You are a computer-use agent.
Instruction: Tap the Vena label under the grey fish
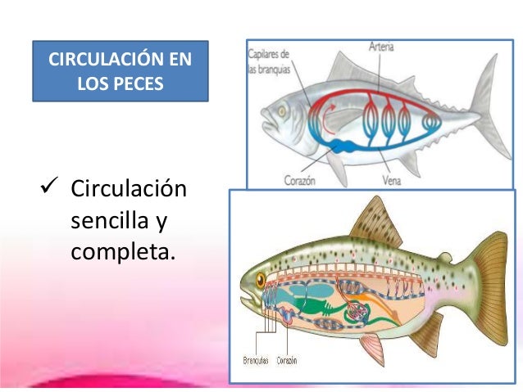(x=391, y=178)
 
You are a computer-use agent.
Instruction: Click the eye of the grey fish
(x=281, y=107)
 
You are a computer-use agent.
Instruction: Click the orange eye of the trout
(x=260, y=279)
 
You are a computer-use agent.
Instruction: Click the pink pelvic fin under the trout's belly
(x=372, y=348)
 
